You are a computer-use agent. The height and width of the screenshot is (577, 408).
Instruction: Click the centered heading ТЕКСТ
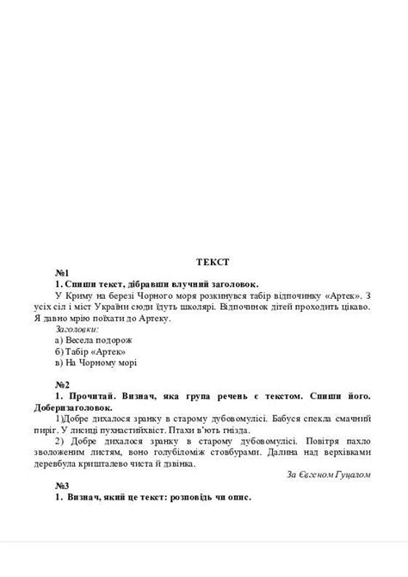[x=212, y=260]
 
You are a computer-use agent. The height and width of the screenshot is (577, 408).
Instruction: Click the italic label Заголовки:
[x=76, y=328]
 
